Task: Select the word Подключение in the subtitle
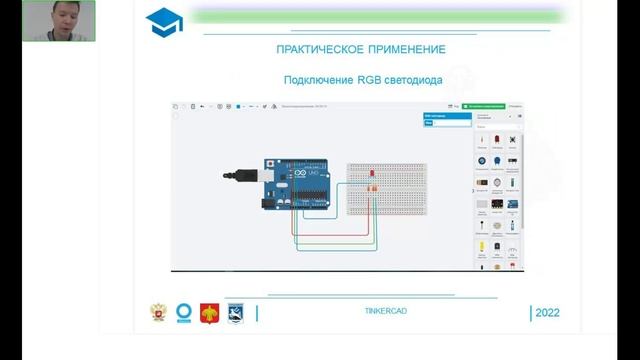[x=317, y=80]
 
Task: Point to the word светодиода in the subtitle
[x=414, y=80]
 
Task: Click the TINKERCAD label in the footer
[x=386, y=311]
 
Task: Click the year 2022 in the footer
[x=548, y=313]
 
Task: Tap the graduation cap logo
[x=163, y=21]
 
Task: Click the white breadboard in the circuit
[x=386, y=189]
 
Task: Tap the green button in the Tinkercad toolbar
[x=484, y=105]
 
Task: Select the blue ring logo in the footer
[x=184, y=312]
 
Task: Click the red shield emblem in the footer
[x=210, y=312]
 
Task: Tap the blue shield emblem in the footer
[x=236, y=312]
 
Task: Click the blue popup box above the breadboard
[x=446, y=119]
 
